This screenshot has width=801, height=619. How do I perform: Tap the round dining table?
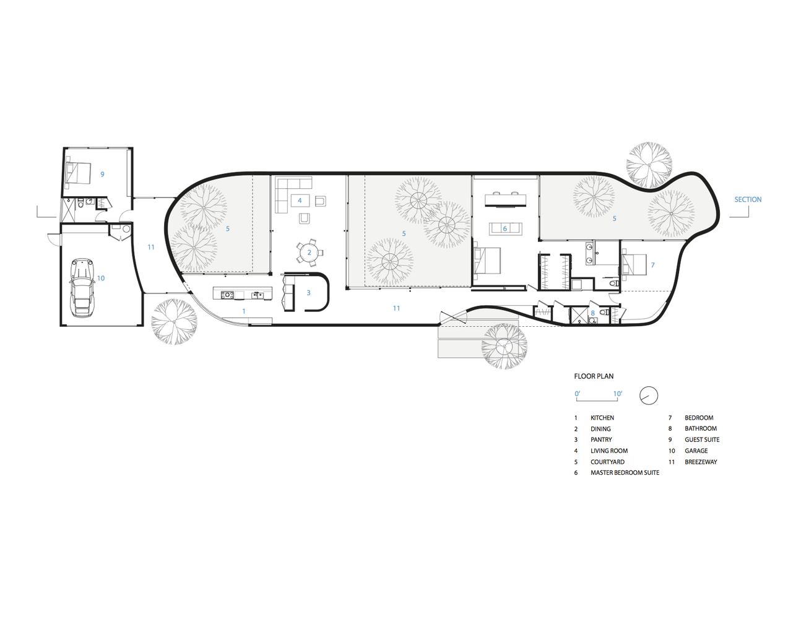click(x=309, y=253)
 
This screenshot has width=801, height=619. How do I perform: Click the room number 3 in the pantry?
click(x=308, y=293)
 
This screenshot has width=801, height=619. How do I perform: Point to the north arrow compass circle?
click(x=648, y=396)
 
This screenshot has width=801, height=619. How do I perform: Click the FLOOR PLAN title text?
click(x=594, y=376)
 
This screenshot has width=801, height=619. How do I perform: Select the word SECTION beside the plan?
click(x=748, y=199)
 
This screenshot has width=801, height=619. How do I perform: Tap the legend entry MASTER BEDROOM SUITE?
click(x=625, y=473)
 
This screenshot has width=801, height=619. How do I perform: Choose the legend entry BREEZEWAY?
click(x=701, y=462)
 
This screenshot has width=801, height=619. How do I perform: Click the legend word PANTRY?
click(x=601, y=440)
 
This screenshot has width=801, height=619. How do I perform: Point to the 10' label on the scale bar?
click(x=618, y=394)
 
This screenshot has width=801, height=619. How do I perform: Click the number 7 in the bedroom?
click(x=653, y=265)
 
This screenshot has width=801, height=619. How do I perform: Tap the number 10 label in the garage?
click(x=101, y=278)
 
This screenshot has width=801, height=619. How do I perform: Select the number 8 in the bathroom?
click(x=593, y=313)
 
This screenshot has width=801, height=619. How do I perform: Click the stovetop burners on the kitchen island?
click(x=227, y=295)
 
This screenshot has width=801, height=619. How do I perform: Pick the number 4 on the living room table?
click(x=300, y=201)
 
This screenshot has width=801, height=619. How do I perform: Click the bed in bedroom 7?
click(x=634, y=265)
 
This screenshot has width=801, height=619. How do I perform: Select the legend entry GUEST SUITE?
click(x=702, y=440)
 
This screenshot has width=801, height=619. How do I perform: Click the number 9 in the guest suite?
click(x=103, y=174)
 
